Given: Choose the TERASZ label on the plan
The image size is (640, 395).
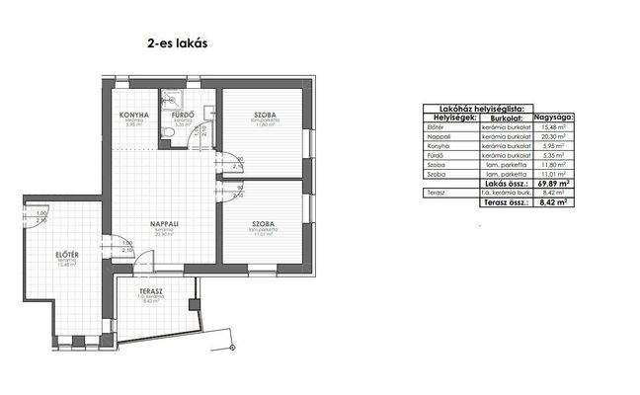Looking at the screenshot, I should (150, 292).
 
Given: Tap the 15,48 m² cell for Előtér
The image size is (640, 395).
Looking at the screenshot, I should (552, 125).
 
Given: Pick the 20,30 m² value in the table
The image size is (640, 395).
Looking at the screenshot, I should (552, 135).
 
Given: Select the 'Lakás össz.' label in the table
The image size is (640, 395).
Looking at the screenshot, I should (503, 184).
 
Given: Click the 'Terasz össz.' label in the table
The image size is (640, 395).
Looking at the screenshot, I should (503, 201).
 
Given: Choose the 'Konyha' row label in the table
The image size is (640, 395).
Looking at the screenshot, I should (436, 145).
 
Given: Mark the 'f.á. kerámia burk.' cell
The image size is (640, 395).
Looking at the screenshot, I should (502, 193).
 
